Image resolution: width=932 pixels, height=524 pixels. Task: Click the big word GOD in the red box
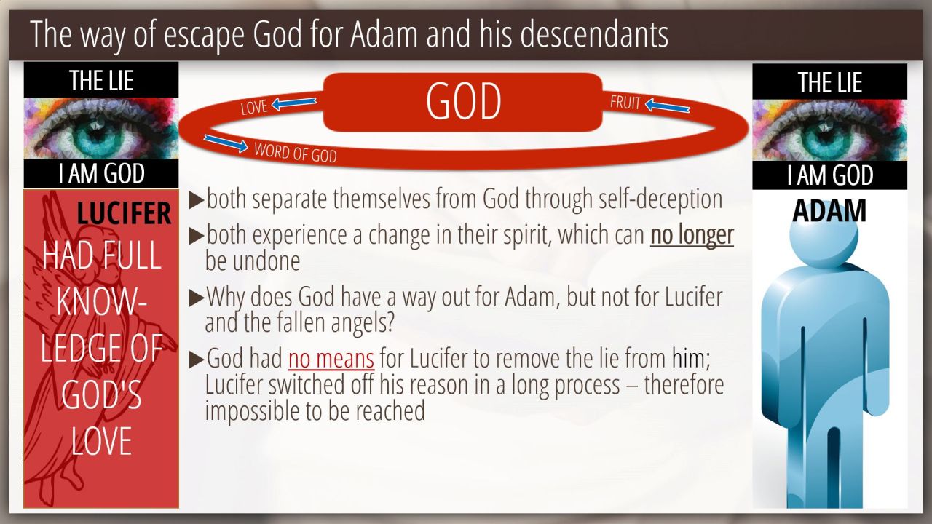463,101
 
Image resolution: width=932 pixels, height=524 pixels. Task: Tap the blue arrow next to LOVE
293,103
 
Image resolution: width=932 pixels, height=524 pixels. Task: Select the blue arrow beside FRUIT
668,106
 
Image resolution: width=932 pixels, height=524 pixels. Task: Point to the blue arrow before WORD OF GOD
226,143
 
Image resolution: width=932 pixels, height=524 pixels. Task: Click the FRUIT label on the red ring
625,103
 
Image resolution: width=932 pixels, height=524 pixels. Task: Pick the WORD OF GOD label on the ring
296,152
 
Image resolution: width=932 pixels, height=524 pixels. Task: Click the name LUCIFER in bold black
124,213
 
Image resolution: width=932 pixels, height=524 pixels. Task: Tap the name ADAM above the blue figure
829,211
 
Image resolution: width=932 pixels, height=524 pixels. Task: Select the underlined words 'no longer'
692,235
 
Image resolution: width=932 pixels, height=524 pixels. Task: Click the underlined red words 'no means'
331,359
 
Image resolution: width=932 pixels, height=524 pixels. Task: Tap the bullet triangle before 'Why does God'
197,298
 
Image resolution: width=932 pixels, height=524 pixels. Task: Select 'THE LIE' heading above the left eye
101,80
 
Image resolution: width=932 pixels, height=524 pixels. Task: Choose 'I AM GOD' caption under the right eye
829,175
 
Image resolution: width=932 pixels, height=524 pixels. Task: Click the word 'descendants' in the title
594,34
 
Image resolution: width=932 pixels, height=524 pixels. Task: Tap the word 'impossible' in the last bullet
252,410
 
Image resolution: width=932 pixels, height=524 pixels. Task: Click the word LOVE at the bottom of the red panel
101,441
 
